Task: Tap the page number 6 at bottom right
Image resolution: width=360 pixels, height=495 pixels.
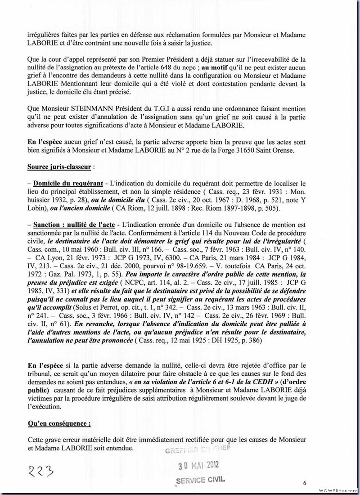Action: [x=305, y=483]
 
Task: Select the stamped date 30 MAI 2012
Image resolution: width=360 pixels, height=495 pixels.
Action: [x=198, y=465]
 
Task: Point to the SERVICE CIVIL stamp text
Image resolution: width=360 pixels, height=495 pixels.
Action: [x=200, y=480]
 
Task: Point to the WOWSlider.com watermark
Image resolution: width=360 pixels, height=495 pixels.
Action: [x=337, y=489]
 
